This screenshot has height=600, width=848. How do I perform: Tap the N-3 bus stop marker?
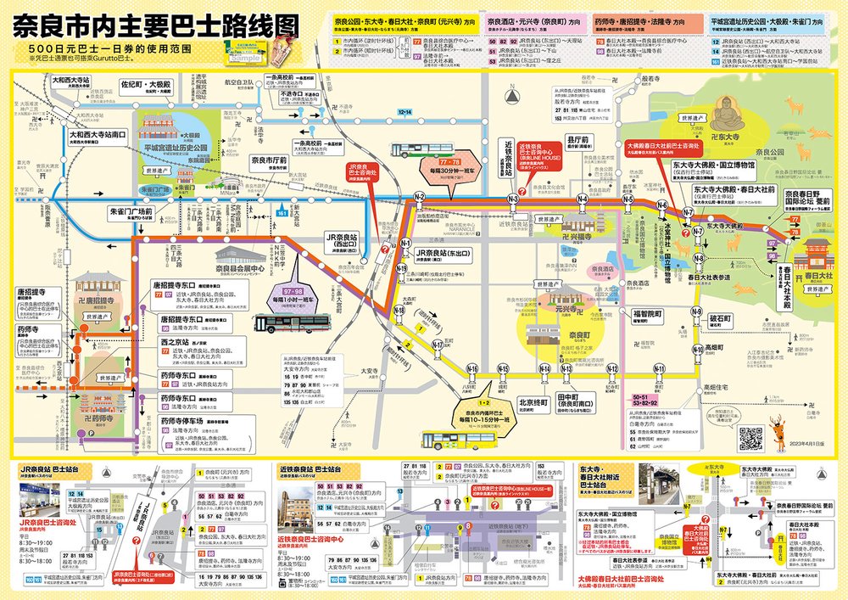click(513, 199)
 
